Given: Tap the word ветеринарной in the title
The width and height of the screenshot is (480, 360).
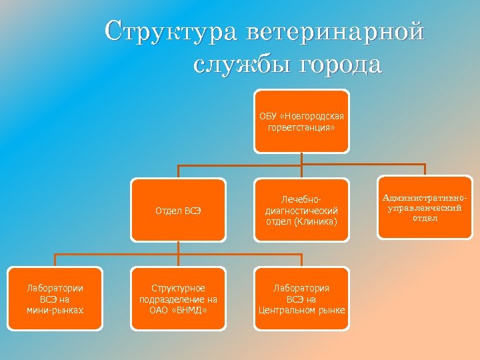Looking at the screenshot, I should (x=335, y=32).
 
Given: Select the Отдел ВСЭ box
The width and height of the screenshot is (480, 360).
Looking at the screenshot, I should (x=178, y=210).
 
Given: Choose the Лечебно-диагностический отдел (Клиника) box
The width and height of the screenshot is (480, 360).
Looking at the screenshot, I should (x=301, y=210).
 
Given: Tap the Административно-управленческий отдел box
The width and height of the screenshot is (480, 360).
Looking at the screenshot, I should (x=425, y=207).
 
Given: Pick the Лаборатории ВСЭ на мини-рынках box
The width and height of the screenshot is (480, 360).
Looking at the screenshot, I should (x=55, y=299).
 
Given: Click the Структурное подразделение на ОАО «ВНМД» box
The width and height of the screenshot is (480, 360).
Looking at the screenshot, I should (x=178, y=299).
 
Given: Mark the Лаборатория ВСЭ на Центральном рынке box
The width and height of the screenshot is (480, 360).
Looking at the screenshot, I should (x=301, y=299).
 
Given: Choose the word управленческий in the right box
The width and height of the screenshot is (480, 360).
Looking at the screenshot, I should (x=425, y=208).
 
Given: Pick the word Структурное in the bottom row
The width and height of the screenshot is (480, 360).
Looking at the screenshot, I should (x=178, y=288).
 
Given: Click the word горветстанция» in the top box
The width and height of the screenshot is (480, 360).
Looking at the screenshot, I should (x=301, y=127).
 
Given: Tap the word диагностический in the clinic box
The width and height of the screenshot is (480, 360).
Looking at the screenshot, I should (x=301, y=211).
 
